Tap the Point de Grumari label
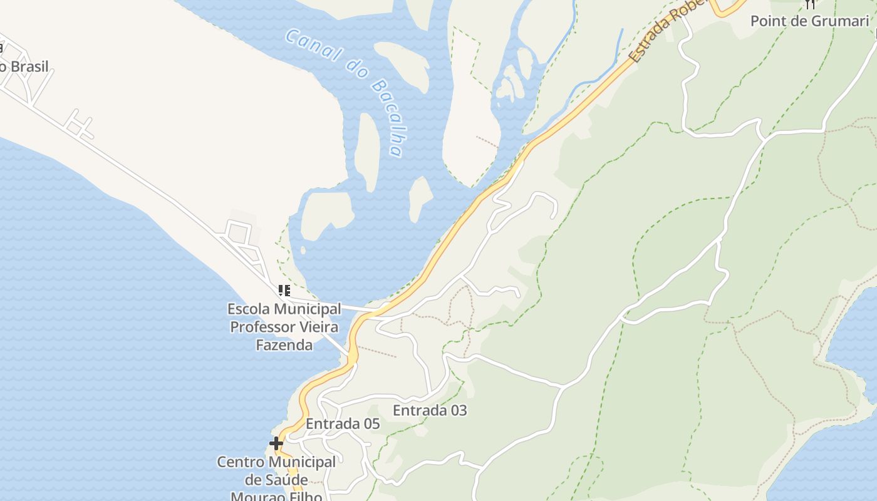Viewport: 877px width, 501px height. point(809,21)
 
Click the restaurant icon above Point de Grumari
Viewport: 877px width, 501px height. point(811,4)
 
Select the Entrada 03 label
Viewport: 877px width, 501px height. point(430,410)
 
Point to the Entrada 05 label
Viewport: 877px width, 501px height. point(343,424)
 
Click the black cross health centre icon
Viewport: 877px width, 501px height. point(276,443)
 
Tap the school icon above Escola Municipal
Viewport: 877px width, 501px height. point(284,291)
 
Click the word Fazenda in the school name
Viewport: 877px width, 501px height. point(284,344)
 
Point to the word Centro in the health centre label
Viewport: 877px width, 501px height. point(241,462)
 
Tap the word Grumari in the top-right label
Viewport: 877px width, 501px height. point(839,21)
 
